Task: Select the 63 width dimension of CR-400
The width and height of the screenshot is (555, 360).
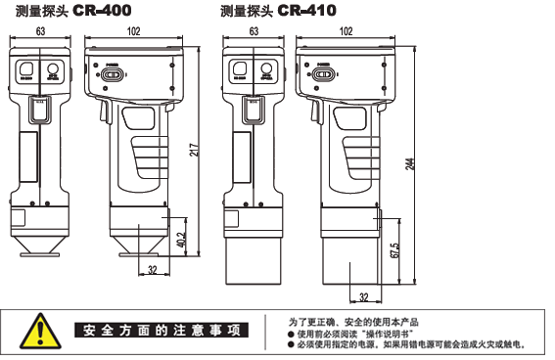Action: pos(41,31)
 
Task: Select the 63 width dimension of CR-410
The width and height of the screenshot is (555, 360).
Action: pos(254,31)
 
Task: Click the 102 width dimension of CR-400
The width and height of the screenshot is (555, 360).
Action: pos(133,31)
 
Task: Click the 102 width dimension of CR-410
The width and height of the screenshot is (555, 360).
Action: pos(347,31)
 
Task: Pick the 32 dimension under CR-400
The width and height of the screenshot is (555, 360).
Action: pos(153,269)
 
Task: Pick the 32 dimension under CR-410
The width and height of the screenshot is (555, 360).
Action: pos(363,295)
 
